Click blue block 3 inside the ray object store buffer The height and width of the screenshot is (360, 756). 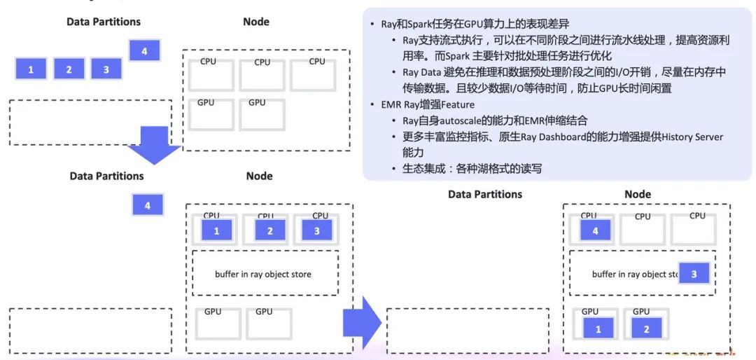coord(694,274)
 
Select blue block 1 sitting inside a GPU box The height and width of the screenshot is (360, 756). coord(598,328)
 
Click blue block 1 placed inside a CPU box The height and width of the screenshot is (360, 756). coord(217,230)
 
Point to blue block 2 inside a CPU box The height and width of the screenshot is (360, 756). coord(269,230)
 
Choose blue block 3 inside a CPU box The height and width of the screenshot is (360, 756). coord(316,230)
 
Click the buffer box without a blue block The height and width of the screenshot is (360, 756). coord(265,274)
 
